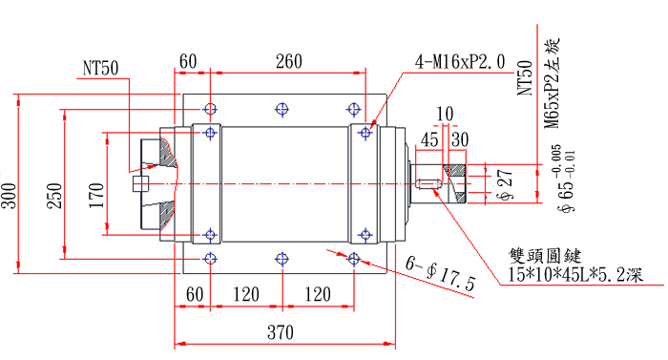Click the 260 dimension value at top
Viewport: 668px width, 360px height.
point(287,62)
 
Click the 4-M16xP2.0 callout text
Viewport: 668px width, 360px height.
point(460,62)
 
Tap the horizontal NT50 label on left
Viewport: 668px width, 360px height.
point(100,68)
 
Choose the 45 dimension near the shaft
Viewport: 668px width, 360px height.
point(429,139)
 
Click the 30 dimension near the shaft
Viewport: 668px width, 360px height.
point(459,139)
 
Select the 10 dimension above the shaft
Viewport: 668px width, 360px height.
point(444,115)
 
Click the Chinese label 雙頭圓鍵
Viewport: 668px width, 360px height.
point(544,256)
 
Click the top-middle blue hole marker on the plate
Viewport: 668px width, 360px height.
point(281,109)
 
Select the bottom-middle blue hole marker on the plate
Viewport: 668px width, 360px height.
point(281,259)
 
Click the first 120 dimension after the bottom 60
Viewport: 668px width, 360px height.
point(245,294)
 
